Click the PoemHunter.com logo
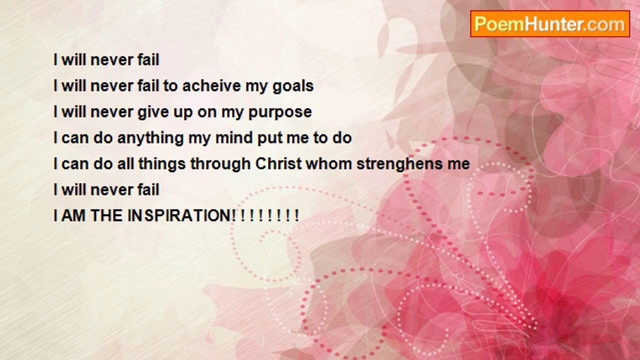550,24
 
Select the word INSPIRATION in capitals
181,215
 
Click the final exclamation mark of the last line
297,215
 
